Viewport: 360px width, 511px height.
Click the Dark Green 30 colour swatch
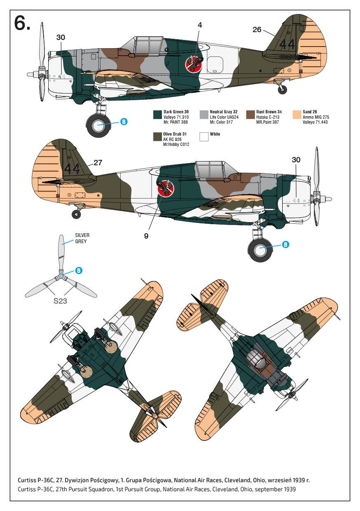point(157,115)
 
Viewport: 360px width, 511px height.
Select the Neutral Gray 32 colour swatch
point(203,115)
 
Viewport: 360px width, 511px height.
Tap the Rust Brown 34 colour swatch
point(250,115)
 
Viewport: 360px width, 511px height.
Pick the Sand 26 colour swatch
point(296,115)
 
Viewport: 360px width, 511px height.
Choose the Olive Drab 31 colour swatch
point(157,137)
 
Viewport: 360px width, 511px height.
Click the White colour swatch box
point(203,137)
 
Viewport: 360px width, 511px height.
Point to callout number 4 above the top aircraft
point(200,25)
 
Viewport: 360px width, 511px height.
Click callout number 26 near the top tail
point(257,30)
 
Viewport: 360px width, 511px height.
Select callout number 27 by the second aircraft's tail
point(98,163)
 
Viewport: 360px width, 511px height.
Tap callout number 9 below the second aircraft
point(146,236)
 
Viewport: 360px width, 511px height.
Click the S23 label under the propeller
point(60,301)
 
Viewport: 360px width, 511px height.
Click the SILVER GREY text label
point(82,238)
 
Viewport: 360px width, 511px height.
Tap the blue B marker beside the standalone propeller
point(79,271)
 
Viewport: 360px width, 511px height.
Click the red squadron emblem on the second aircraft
point(166,189)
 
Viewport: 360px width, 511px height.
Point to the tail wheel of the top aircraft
point(282,89)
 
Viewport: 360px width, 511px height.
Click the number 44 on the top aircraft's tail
point(286,44)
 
